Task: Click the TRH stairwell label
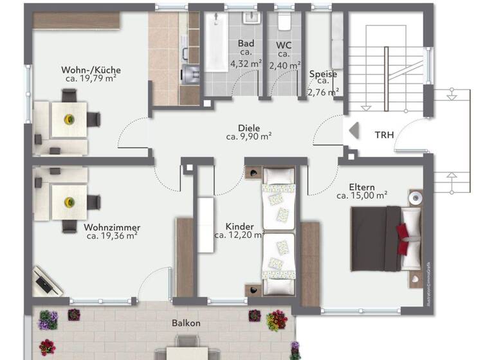tap(385, 135)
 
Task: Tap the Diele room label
tap(248, 127)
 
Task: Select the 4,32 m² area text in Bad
tap(246, 63)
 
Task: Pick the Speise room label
tap(323, 74)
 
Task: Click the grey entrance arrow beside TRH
tap(352, 132)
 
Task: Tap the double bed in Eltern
tap(385, 239)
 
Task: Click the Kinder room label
tap(239, 227)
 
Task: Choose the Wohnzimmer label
tap(112, 228)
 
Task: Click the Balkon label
tap(186, 323)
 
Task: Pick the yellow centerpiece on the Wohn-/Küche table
tap(68, 118)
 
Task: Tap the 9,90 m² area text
tap(248, 136)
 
